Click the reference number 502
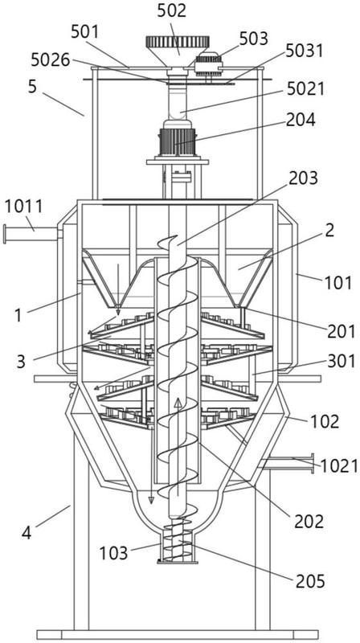click(171, 11)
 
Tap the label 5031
click(305, 51)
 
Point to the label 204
click(301, 121)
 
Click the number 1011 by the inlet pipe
click(23, 207)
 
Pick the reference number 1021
click(339, 466)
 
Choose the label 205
click(309, 580)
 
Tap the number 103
click(113, 553)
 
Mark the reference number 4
click(27, 533)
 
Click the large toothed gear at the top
click(178, 42)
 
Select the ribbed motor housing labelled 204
click(178, 142)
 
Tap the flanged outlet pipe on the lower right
click(286, 464)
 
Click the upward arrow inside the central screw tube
click(178, 448)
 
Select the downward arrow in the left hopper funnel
click(118, 290)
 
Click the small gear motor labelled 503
click(209, 63)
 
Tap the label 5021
click(305, 88)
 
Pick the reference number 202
click(309, 521)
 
